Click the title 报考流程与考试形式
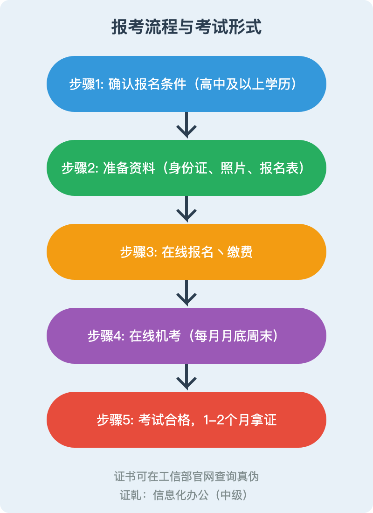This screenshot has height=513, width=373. pos(186,27)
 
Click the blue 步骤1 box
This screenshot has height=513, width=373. pos(186,84)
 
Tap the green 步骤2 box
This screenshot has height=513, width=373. pos(186,168)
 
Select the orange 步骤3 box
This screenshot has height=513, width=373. pos(186,252)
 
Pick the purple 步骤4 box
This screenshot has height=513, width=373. pos(186,336)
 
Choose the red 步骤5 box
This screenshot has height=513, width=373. pos(186,420)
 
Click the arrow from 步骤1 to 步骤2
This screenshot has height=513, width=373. pos(186,125)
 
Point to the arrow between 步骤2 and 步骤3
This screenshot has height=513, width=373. pos(186,209)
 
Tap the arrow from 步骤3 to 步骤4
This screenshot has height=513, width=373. pos(186,293)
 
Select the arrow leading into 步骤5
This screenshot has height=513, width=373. pos(186,377)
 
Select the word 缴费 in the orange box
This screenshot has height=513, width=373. pos(240,252)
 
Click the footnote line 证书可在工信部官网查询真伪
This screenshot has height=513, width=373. pos(186,477)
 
